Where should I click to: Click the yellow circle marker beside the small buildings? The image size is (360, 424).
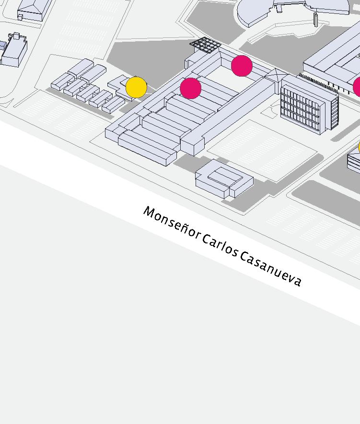click(136, 87)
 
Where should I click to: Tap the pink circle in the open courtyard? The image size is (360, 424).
click(242, 66)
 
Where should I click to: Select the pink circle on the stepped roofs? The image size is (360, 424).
click(191, 88)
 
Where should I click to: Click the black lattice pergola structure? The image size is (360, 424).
click(205, 46)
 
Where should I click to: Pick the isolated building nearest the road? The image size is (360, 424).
click(223, 179)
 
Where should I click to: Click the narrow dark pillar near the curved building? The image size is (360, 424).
click(316, 19)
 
